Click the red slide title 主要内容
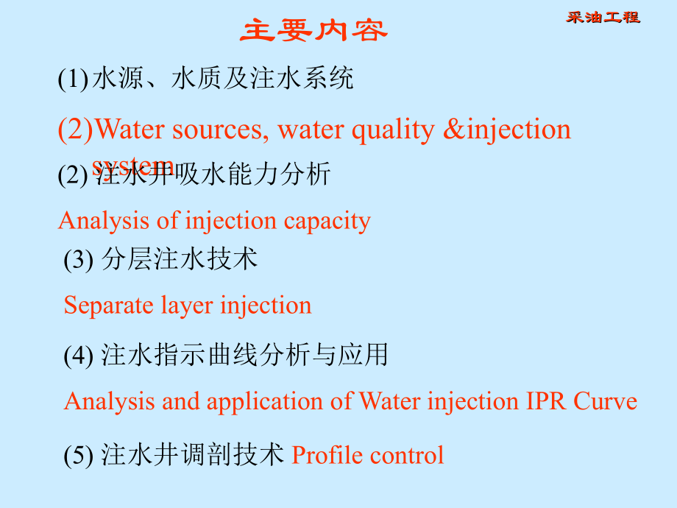tap(313, 31)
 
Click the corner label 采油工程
tap(603, 17)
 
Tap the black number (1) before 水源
tap(73, 79)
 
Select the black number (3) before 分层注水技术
tap(78, 260)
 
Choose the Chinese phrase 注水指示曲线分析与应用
tap(244, 356)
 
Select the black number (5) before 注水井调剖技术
tap(78, 456)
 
